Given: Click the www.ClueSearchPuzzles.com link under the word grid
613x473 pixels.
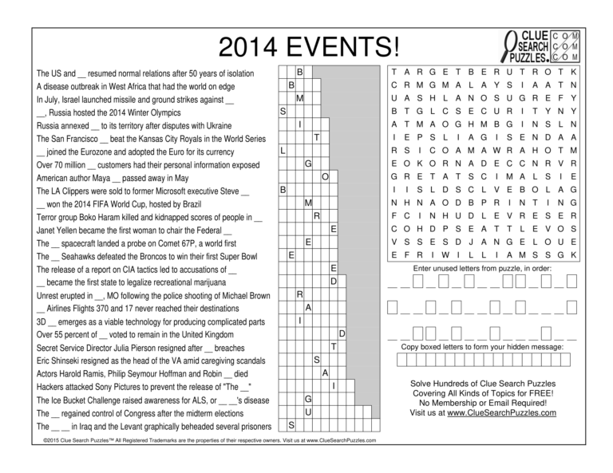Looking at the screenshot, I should tap(501, 412).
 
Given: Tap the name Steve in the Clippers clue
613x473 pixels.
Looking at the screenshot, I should tap(227, 191).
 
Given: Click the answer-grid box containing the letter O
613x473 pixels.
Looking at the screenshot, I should tap(325, 176).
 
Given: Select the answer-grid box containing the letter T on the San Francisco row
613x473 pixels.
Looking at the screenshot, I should tap(317, 138).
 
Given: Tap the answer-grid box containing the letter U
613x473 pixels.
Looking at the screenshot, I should tap(308, 412).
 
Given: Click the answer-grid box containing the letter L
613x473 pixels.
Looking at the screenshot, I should tap(283, 151).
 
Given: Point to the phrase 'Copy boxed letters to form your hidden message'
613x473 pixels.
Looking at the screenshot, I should tap(482, 347).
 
